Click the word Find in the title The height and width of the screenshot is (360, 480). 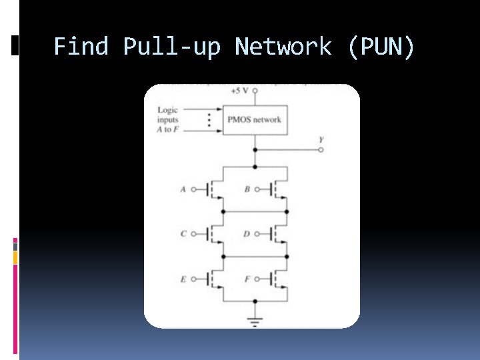coord(82,47)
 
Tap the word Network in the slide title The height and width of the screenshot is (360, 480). coord(283,47)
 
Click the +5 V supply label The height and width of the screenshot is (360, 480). coord(236,91)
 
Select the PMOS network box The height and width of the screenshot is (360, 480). coord(254,120)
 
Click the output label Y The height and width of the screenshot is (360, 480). coord(321,140)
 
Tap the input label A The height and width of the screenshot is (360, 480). coord(183,189)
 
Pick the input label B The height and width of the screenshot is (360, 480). coord(247,189)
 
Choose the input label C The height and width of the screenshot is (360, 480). coord(183,234)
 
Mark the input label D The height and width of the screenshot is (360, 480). coord(247,234)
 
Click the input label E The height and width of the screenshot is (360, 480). coord(183,279)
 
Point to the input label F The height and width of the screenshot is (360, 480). coord(247,279)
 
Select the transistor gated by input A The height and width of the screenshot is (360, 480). coord(213,190)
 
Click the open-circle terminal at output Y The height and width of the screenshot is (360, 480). coord(321,151)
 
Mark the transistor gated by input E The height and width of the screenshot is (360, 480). coord(213,280)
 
